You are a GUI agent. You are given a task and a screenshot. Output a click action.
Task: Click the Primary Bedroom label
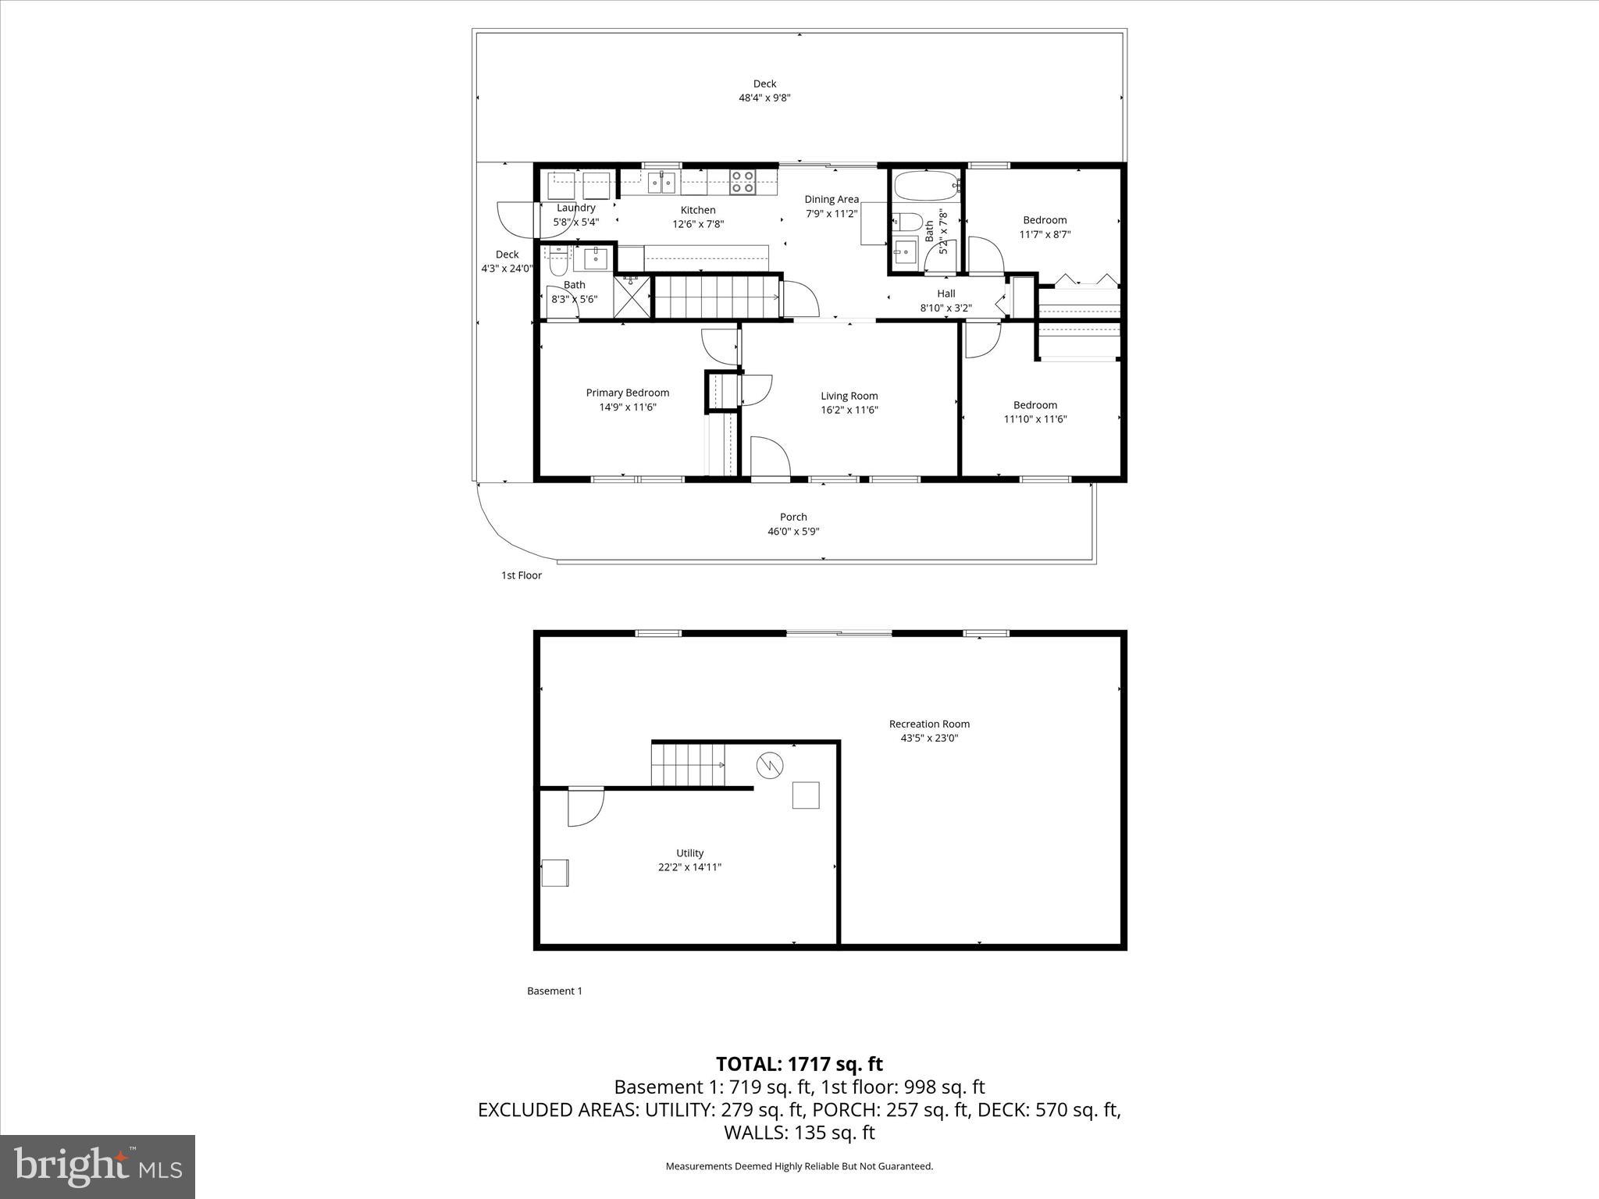[x=627, y=393]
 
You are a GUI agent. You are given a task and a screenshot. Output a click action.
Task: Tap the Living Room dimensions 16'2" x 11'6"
[x=849, y=410]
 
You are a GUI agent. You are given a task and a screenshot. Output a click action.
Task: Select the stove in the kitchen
[x=743, y=182]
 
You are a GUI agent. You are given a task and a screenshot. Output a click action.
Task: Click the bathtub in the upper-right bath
[x=925, y=187]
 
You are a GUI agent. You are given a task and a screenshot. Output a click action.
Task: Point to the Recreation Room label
[x=929, y=724]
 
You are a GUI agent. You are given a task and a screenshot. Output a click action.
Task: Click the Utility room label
[x=689, y=853]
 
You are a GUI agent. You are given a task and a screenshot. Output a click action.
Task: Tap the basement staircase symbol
[x=688, y=765]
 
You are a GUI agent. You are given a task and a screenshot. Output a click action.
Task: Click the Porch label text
[x=793, y=517]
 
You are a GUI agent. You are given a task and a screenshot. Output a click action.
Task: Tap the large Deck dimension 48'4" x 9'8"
[x=764, y=98]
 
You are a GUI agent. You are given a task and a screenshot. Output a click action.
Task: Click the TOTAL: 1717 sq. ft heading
[x=799, y=1064]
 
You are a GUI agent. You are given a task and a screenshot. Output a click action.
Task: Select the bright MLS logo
[x=98, y=1166]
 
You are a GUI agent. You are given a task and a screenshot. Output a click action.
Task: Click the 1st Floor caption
[x=521, y=575]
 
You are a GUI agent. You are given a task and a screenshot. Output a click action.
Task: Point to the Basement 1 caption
[x=554, y=991]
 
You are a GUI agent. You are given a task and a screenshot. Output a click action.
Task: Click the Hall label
[x=946, y=294]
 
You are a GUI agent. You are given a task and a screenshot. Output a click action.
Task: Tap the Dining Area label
[x=832, y=199]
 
